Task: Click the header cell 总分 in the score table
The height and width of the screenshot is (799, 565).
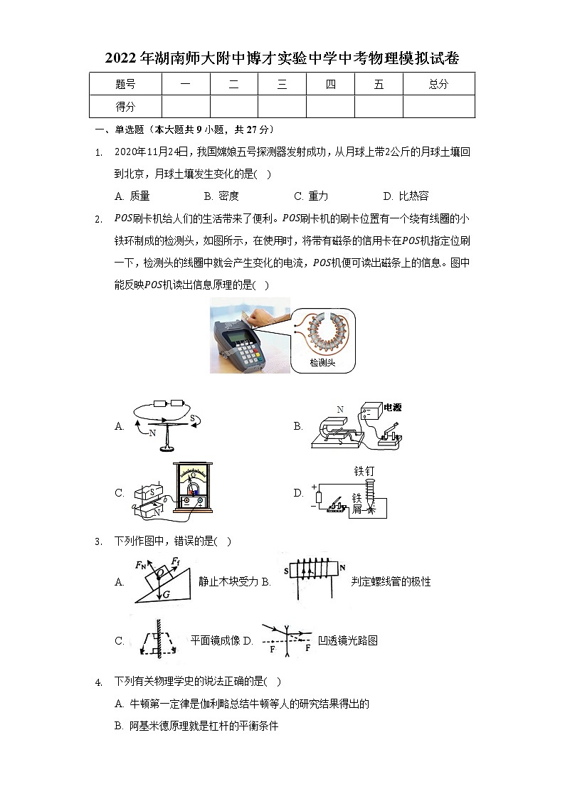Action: tap(438, 84)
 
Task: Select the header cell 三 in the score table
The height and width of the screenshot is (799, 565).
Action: tap(282, 84)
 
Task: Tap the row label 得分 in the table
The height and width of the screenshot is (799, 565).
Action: tap(125, 106)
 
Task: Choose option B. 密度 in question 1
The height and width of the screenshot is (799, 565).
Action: tap(221, 196)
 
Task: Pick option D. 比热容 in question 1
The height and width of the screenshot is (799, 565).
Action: tap(406, 196)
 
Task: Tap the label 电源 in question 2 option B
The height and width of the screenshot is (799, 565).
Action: tap(392, 408)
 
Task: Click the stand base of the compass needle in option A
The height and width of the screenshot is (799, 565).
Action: tap(168, 448)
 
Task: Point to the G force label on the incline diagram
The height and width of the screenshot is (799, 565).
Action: tap(165, 593)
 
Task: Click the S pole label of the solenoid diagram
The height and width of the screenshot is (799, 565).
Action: tap(286, 571)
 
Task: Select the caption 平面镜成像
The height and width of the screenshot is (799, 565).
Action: tap(215, 640)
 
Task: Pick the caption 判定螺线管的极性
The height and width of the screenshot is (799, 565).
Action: tap(391, 581)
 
